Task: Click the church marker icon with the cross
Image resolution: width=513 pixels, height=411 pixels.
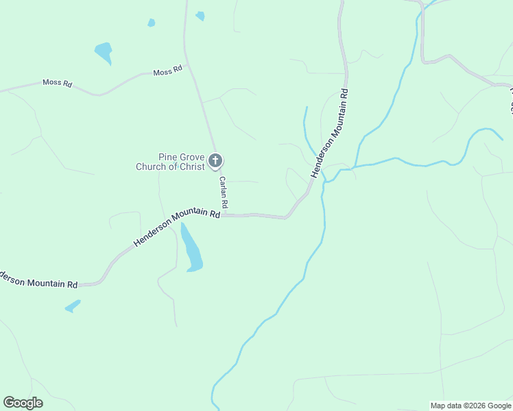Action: coord(215,161)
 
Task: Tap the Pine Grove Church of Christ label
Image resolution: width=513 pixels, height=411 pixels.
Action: coord(171,162)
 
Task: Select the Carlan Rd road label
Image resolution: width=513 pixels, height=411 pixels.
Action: coord(223,192)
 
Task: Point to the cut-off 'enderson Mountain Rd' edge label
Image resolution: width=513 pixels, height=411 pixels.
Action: coord(38,281)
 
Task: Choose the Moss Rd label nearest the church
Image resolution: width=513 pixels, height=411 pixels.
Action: coord(168,71)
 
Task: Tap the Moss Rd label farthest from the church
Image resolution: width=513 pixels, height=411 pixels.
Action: coord(58,83)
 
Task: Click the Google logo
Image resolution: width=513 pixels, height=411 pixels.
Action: coord(23,403)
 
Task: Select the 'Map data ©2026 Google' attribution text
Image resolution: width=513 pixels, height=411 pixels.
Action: coord(470,406)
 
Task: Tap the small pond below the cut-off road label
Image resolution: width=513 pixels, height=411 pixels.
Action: coord(73,306)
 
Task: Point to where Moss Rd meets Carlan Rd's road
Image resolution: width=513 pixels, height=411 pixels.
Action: coord(187,66)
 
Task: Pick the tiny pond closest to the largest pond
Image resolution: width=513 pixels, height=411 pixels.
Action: coord(151,23)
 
